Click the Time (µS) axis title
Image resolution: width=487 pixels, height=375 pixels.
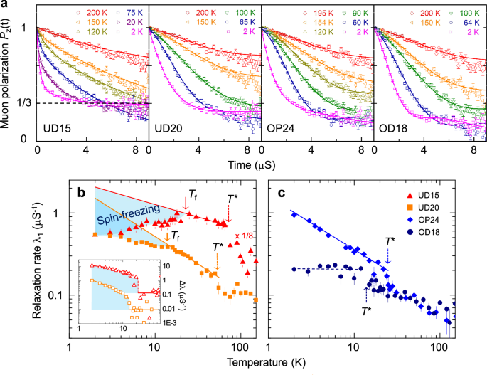(258, 165)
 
